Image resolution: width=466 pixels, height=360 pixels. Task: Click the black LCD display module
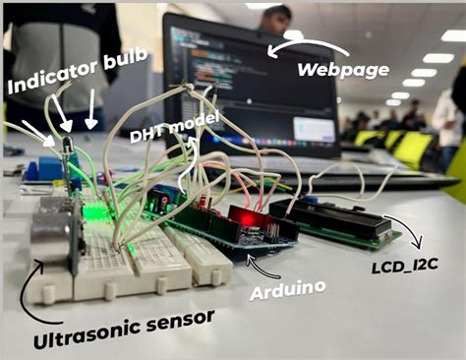tap(334, 220)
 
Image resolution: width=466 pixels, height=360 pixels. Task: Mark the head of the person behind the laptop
tap(279, 18)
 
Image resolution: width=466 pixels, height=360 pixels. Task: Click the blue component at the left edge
tap(44, 168)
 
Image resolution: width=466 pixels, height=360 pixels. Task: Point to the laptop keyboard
tap(374, 182)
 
